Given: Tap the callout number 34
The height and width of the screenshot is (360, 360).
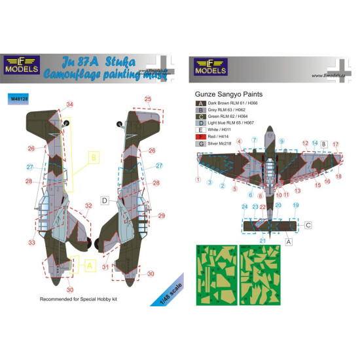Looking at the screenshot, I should pos(70,105).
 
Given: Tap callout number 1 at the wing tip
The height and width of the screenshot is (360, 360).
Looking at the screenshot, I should pos(197,179).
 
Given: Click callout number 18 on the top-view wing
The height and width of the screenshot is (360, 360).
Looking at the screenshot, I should pos(339,176).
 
